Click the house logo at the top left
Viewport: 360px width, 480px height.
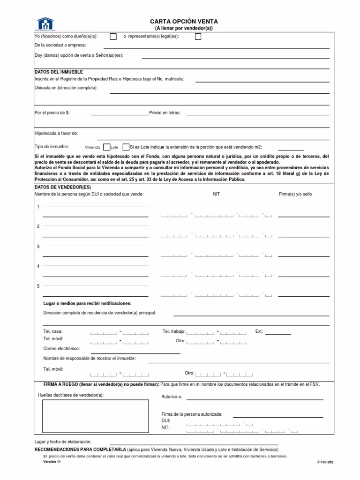46,23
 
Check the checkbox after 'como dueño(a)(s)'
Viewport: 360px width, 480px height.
113,37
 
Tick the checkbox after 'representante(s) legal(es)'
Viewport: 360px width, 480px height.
198,37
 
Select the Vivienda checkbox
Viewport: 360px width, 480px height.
106,147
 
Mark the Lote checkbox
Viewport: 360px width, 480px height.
125,147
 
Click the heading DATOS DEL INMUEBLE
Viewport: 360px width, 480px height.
59,72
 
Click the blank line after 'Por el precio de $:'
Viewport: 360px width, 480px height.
119,115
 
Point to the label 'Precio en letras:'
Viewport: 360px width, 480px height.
165,113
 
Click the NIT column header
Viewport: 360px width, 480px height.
216,194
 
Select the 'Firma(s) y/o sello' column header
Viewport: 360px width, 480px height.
295,194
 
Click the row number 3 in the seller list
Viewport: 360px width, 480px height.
38,247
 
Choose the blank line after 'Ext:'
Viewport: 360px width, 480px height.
278,334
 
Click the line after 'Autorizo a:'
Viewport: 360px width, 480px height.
255,399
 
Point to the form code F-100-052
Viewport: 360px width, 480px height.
325,462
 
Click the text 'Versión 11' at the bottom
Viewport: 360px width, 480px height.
52,461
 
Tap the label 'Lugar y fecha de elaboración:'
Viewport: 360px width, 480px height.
63,442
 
